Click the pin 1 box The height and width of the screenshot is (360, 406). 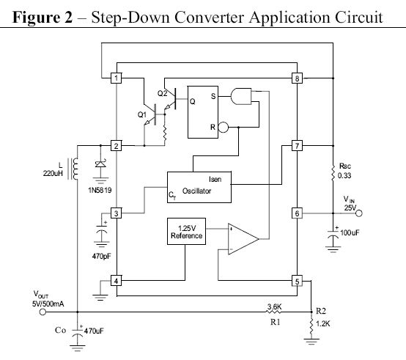point(116,78)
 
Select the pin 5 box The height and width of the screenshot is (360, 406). point(297,281)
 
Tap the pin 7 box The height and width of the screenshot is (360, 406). point(297,146)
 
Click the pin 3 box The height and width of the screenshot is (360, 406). point(116,213)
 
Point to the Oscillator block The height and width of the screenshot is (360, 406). point(199,187)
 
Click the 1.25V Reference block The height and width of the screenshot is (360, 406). point(186,231)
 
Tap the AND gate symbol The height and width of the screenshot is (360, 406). point(241,96)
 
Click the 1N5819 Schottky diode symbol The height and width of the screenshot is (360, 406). point(100,164)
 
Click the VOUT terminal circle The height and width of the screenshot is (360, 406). point(43,312)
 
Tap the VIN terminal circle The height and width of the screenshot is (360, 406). point(359,213)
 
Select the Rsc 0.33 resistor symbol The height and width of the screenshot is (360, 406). point(333,172)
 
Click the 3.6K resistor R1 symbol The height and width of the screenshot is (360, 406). point(273,312)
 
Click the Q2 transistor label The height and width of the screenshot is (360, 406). point(163,93)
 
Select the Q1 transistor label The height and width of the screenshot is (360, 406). point(142,114)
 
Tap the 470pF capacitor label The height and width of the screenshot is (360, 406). point(101,257)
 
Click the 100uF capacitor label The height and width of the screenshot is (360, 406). point(350,232)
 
